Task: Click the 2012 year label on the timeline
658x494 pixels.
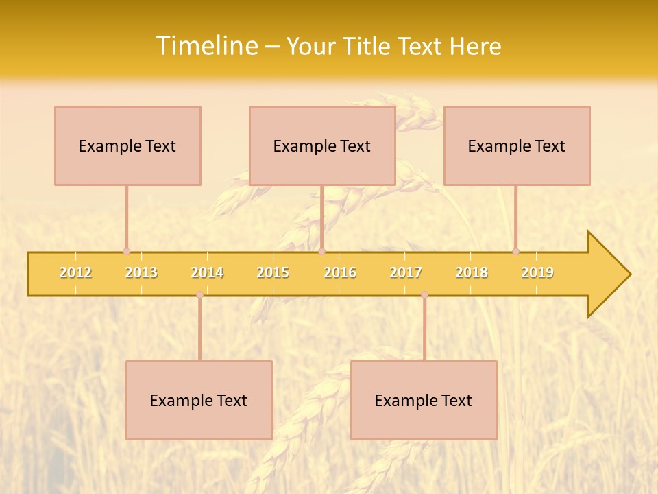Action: (x=75, y=272)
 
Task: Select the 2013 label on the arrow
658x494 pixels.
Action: (x=141, y=272)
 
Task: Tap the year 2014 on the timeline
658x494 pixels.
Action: (x=207, y=272)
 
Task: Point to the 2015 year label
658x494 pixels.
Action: (x=273, y=272)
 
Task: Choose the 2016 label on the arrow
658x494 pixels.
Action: (x=340, y=272)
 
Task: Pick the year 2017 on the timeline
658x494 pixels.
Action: (x=406, y=272)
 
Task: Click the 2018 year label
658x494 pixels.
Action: (x=472, y=272)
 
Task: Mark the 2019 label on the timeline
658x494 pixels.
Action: (x=537, y=272)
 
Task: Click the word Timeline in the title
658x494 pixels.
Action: (x=205, y=46)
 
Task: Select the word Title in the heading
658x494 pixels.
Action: (x=367, y=46)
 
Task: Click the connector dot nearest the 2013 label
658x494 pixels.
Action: (x=126, y=251)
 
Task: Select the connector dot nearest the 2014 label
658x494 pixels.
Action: (x=199, y=294)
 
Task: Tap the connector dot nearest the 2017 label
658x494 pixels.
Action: (x=424, y=294)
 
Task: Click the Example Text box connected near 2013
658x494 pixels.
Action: (x=127, y=145)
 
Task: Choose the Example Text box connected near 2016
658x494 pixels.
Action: (x=322, y=145)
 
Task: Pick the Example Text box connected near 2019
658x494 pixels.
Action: (x=517, y=145)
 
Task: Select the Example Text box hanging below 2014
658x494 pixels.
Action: (x=199, y=400)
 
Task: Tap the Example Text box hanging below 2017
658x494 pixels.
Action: (x=424, y=400)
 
